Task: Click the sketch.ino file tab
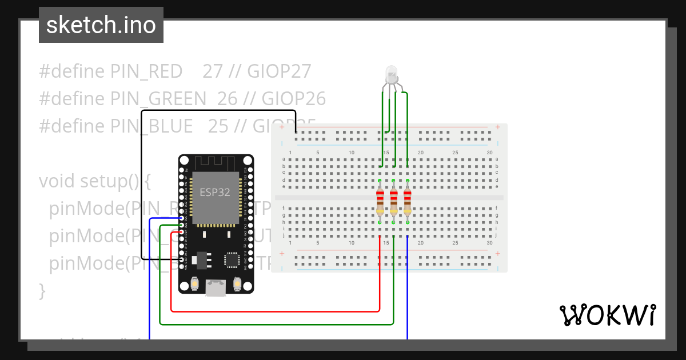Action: pos(101,25)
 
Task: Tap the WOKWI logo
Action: pos(607,315)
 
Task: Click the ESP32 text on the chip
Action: pos(214,192)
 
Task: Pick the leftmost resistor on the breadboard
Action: pos(380,201)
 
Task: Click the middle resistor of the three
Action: pos(394,201)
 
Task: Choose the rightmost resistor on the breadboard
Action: pos(408,201)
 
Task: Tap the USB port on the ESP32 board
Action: pos(216,287)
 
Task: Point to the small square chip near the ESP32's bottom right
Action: pos(232,261)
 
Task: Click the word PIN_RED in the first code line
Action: pos(146,71)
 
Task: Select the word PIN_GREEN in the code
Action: pos(158,99)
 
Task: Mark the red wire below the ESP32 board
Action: pos(274,311)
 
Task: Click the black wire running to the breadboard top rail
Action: pos(217,110)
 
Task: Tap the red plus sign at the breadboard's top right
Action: pos(498,127)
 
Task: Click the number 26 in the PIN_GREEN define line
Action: pos(227,99)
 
